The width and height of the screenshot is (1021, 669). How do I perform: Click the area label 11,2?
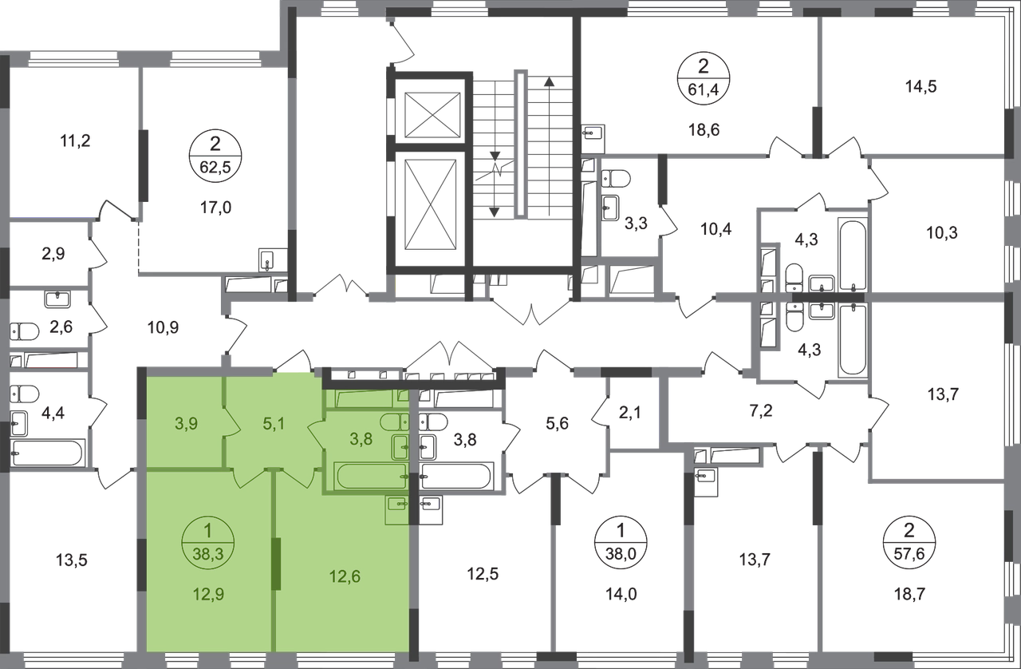click(x=75, y=141)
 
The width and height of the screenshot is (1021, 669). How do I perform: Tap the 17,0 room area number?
click(x=215, y=208)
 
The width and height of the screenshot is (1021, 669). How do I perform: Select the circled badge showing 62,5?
click(x=215, y=156)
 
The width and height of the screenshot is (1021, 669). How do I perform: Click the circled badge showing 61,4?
click(x=704, y=79)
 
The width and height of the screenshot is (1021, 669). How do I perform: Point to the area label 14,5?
click(x=920, y=86)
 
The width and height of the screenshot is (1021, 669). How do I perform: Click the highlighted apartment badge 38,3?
click(x=208, y=543)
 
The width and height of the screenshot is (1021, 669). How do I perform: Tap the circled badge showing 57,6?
click(x=909, y=543)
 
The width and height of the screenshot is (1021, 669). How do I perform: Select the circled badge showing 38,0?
click(x=621, y=543)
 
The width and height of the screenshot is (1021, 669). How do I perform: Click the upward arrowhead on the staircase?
click(x=549, y=82)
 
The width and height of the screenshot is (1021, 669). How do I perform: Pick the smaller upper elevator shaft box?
click(x=432, y=114)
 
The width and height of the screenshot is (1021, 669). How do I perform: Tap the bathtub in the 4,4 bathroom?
click(x=47, y=453)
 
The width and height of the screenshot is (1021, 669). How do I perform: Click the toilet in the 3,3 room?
click(x=615, y=179)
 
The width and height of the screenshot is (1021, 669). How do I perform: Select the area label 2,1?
click(x=630, y=413)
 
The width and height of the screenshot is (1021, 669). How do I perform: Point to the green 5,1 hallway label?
click(x=274, y=424)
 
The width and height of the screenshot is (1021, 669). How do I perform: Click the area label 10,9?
click(x=163, y=327)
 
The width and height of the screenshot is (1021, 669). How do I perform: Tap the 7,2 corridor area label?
click(x=761, y=411)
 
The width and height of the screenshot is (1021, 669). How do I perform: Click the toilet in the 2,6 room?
click(x=25, y=331)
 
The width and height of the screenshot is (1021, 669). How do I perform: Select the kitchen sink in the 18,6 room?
click(x=593, y=133)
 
